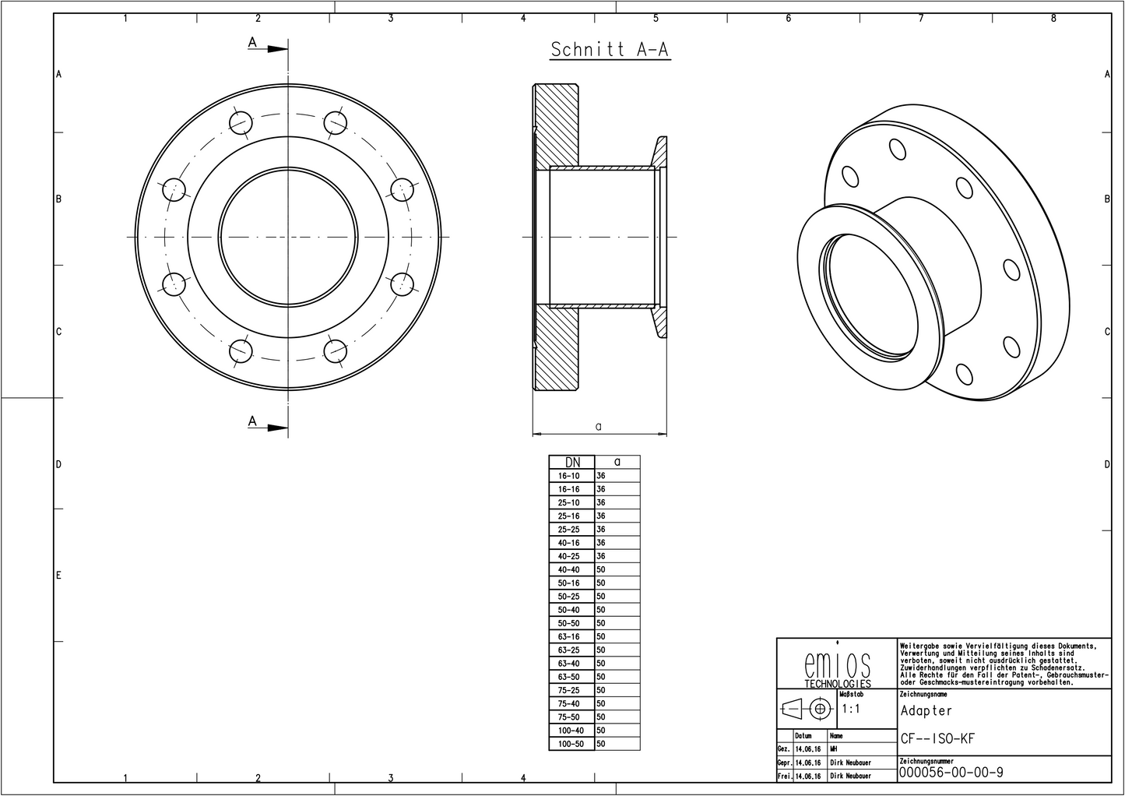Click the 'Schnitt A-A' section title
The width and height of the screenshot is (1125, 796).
pyautogui.click(x=610, y=50)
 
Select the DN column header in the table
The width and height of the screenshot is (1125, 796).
pyautogui.click(x=571, y=462)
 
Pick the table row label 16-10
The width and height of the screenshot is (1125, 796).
pyautogui.click(x=569, y=476)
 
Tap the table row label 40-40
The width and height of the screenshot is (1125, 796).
pyautogui.click(x=569, y=570)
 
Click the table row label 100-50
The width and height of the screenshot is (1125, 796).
pyautogui.click(x=571, y=745)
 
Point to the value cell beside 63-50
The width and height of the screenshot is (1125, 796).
pyautogui.click(x=616, y=677)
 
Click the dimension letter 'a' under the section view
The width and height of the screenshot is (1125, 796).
pyautogui.click(x=598, y=426)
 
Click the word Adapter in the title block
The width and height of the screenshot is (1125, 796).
pyautogui.click(x=926, y=711)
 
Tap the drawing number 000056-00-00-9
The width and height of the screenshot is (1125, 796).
pyautogui.click(x=951, y=773)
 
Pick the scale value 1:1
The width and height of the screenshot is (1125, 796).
pyautogui.click(x=851, y=710)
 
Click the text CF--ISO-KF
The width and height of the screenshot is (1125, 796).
pyautogui.click(x=937, y=739)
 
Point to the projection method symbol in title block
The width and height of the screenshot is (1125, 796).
pyautogui.click(x=807, y=709)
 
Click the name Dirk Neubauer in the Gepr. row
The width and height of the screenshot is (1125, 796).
pyautogui.click(x=850, y=763)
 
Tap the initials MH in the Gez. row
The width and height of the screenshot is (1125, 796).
pyautogui.click(x=834, y=749)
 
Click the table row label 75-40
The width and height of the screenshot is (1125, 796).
pyautogui.click(x=569, y=704)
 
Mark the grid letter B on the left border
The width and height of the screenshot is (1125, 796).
pyautogui.click(x=58, y=199)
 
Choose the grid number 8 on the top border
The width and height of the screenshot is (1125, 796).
pyautogui.click(x=1053, y=19)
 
